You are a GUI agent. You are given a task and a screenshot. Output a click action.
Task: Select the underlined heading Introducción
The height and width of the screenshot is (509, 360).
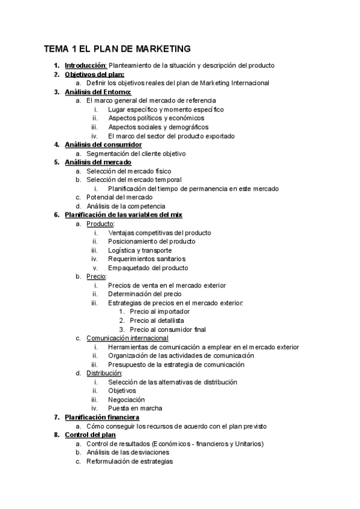[85, 65]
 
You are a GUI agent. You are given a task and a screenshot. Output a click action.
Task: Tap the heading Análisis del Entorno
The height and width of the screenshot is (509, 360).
[98, 92]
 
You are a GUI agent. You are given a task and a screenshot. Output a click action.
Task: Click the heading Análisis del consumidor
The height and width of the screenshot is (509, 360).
[103, 145]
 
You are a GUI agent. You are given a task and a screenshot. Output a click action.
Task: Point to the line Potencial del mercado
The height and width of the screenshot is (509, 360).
[119, 197]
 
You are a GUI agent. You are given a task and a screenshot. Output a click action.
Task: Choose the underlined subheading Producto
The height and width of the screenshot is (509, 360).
[100, 223]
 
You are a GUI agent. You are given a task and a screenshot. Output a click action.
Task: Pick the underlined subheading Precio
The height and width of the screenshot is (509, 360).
[96, 276]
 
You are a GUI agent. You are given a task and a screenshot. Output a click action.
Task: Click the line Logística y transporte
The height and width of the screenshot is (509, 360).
[140, 250]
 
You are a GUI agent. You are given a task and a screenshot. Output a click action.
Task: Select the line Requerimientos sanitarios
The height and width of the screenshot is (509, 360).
[147, 259]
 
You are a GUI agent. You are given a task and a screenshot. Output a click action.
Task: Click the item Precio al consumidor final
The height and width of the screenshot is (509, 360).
[167, 330]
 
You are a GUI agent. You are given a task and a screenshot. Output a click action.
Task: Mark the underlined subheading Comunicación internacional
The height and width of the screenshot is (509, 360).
[127, 338]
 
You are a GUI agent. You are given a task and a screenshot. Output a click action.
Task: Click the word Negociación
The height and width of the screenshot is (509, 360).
[126, 400]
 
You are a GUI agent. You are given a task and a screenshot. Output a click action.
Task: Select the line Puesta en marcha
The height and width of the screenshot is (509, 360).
[135, 409]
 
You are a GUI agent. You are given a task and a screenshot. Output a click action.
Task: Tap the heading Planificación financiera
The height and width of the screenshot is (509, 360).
[102, 417]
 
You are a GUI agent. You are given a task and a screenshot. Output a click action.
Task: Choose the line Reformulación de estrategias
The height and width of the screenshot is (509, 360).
[130, 462]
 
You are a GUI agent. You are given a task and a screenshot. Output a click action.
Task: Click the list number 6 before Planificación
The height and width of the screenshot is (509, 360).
[56, 214]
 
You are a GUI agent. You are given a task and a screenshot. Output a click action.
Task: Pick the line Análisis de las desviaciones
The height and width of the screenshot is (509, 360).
[127, 453]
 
